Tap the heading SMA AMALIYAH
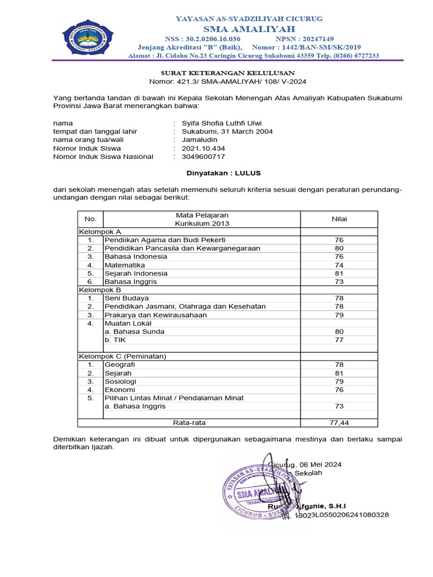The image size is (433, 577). click(249, 29)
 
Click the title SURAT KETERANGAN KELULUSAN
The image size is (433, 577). click(228, 73)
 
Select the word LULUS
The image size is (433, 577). click(248, 172)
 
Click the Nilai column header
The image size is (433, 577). click(339, 219)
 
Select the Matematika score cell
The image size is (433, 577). click(339, 265)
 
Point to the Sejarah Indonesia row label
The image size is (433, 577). click(136, 273)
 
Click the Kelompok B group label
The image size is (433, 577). click(99, 290)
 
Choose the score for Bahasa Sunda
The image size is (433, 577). click(339, 332)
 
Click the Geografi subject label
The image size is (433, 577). click(120, 365)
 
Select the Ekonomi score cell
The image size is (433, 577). click(339, 389)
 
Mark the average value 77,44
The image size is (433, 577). click(339, 422)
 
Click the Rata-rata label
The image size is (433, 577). click(188, 422)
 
